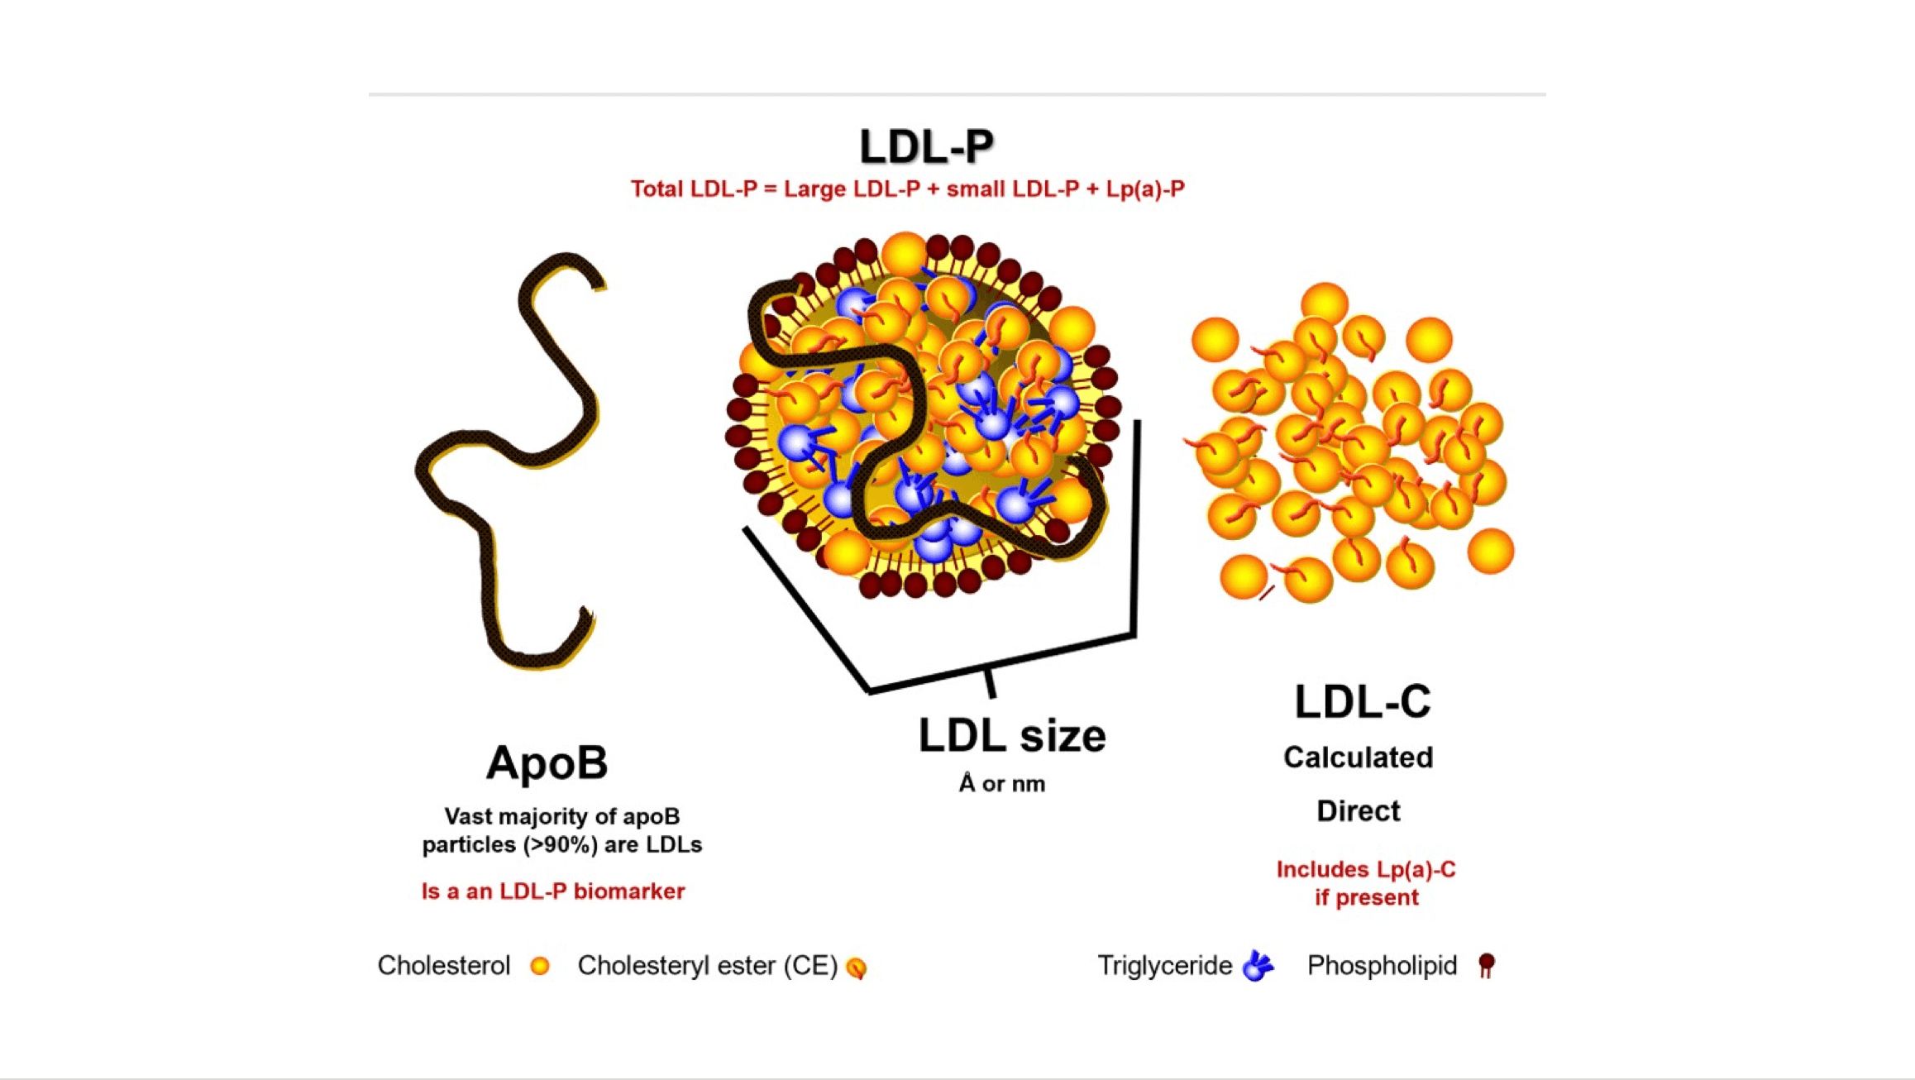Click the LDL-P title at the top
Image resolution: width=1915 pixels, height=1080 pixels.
click(x=926, y=147)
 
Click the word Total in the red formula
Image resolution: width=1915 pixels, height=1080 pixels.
click(x=657, y=189)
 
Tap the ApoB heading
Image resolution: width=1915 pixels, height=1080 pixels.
click(x=547, y=762)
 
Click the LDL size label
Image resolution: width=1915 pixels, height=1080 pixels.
click(x=1011, y=736)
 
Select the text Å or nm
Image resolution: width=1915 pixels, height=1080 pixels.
click(x=1001, y=784)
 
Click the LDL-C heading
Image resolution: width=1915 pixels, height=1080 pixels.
click(x=1362, y=702)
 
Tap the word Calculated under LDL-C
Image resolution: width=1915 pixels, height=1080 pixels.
click(x=1358, y=757)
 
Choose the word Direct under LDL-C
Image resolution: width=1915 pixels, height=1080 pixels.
click(x=1358, y=811)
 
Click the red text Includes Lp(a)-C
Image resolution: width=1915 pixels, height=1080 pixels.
click(x=1365, y=870)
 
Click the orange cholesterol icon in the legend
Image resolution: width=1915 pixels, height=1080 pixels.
click(x=540, y=966)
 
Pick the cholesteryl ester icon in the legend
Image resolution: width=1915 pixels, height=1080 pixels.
click(x=857, y=968)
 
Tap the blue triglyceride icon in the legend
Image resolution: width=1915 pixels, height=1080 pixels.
click(x=1258, y=966)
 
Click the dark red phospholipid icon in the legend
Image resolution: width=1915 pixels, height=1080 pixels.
click(x=1486, y=965)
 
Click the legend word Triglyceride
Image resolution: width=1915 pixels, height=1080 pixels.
click(x=1164, y=966)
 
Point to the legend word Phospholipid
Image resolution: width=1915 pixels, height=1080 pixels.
click(x=1382, y=966)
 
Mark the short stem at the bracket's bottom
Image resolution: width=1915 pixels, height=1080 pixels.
click(x=989, y=683)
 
